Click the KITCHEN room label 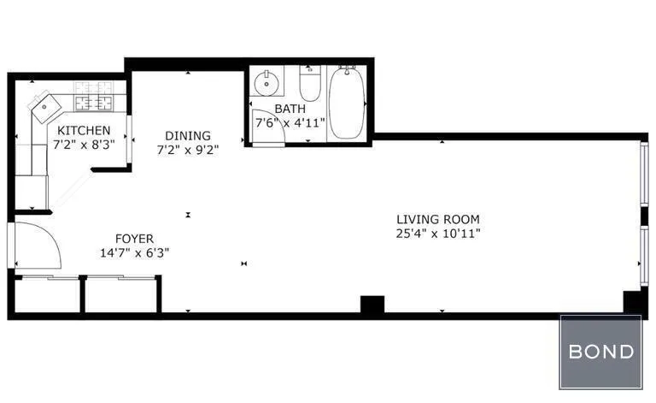pos(84,130)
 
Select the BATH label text pos(290,110)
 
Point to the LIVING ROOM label pos(438,219)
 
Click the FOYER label pos(135,239)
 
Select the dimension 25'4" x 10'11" pos(438,233)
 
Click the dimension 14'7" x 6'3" pos(135,252)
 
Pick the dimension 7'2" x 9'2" pos(188,150)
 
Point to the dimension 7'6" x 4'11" pos(290,123)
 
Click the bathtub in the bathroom pos(347,104)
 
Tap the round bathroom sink pos(268,84)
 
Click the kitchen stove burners pos(94,97)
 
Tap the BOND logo pos(601,352)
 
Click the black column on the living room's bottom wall pos(372,305)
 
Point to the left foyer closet pos(47,295)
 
